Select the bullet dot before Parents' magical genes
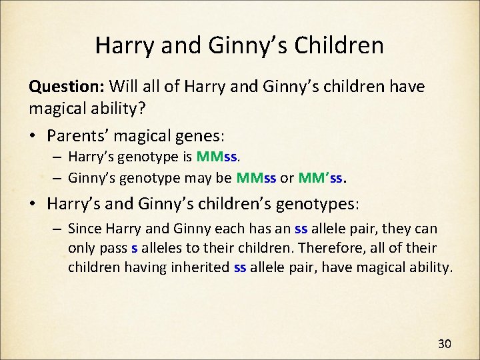click(x=32, y=136)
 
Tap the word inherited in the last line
click(x=203, y=269)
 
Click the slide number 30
click(x=445, y=344)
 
